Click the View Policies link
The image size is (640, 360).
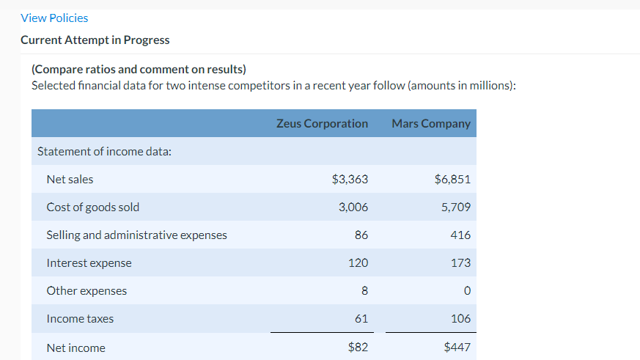54,18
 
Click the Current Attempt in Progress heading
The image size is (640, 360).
95,40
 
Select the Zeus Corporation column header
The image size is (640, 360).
322,123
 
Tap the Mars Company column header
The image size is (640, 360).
431,123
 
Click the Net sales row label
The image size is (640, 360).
70,179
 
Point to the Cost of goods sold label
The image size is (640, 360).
92,207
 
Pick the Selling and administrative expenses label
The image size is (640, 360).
136,235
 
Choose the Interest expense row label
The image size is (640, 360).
89,262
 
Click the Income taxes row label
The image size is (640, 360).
80,318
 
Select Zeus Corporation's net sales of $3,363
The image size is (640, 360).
350,179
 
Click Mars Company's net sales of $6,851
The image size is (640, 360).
452,179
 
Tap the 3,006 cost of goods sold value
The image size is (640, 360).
353,207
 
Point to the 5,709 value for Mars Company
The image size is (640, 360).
456,207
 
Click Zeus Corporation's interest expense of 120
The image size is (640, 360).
358,262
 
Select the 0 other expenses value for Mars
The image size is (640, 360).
466,290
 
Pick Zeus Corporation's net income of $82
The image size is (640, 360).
357,347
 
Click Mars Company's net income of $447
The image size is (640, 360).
457,347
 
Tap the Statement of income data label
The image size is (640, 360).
104,151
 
